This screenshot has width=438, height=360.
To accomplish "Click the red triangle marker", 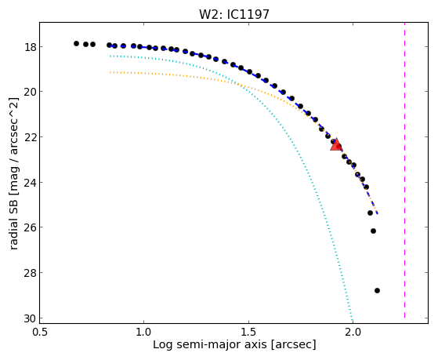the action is (336, 144).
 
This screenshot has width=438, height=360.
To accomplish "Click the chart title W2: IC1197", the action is (233, 14).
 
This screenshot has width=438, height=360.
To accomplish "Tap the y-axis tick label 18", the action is (30, 47).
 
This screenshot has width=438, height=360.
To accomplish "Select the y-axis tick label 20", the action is (30, 92).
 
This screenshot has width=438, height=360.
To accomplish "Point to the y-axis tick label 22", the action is (30, 137).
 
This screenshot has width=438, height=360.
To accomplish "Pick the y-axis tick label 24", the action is (30, 183).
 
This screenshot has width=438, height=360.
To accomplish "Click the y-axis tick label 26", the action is (30, 227).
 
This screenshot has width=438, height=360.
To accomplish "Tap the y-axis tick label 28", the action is (30, 273).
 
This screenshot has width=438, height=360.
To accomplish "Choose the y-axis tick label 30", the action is (30, 318).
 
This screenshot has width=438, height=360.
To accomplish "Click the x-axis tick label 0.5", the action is (40, 333).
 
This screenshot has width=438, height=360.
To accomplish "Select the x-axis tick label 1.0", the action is (144, 333).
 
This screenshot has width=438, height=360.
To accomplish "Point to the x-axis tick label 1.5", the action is (248, 333).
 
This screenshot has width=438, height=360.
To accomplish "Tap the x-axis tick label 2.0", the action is (353, 333).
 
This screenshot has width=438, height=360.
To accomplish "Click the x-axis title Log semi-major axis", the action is (209, 345).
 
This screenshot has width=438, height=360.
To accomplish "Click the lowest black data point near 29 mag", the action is (377, 291).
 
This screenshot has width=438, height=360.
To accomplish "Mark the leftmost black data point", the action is (76, 43).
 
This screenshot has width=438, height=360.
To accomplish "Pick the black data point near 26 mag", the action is (373, 231).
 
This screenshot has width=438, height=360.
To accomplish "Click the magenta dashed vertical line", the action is (404, 170).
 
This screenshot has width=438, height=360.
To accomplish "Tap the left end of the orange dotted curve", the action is (110, 72).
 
